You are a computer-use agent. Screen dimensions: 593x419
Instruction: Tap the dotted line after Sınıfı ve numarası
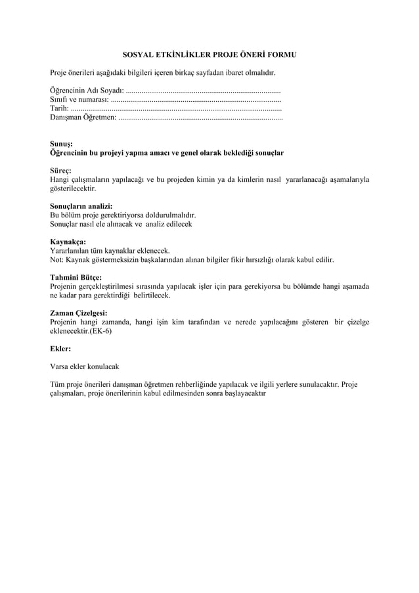(196, 100)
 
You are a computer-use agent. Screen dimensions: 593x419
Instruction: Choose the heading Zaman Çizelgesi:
(79, 313)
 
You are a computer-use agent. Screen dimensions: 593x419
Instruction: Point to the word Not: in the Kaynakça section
(58, 260)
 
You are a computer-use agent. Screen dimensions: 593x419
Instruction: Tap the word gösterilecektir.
(73, 188)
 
